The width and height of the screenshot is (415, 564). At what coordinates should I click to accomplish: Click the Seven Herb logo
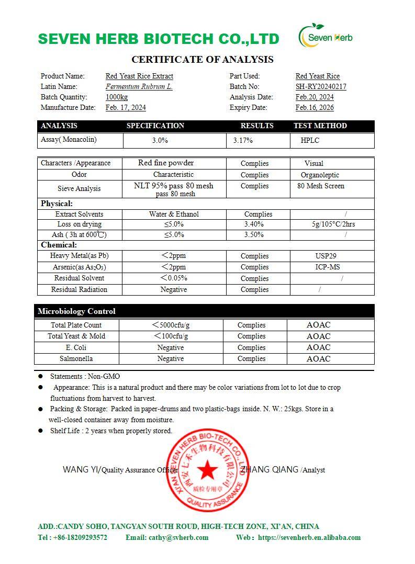pyautogui.click(x=326, y=37)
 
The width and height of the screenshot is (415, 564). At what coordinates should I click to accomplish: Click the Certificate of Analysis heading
pyautogui.click(x=202, y=60)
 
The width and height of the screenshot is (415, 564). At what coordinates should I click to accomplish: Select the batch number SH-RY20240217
pyautogui.click(x=321, y=87)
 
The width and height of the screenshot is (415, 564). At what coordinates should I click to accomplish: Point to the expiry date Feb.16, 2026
pyautogui.click(x=315, y=108)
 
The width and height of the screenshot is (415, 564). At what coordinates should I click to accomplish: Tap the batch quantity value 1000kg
pyautogui.click(x=117, y=97)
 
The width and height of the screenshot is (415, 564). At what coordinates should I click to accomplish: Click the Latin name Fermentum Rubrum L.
pyautogui.click(x=139, y=87)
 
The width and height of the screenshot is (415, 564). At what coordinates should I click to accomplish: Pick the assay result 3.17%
pyautogui.click(x=243, y=141)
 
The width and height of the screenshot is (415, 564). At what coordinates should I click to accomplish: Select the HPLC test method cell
pyautogui.click(x=310, y=141)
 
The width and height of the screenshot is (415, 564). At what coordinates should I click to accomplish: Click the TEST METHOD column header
pyautogui.click(x=320, y=126)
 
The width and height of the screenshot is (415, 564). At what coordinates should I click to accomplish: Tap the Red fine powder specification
pyautogui.click(x=166, y=163)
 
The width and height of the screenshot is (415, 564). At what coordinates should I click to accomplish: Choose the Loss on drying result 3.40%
pyautogui.click(x=254, y=224)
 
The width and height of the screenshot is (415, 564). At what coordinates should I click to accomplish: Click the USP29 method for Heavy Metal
pyautogui.click(x=322, y=256)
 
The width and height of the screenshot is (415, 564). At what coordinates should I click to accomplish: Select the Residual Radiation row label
pyautogui.click(x=79, y=290)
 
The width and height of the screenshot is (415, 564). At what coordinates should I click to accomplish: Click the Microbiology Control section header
pyautogui.click(x=76, y=311)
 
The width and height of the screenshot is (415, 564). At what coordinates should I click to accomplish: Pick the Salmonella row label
pyautogui.click(x=76, y=359)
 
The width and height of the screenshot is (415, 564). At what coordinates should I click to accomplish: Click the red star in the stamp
pyautogui.click(x=208, y=470)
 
